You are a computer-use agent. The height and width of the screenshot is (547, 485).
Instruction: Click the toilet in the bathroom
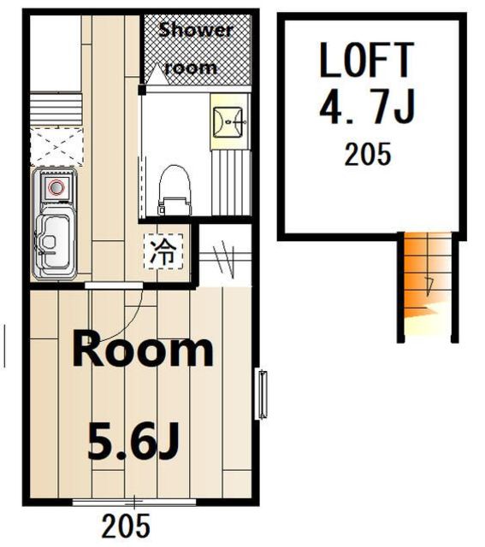174,190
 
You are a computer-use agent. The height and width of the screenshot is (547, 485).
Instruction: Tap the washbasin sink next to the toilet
228,122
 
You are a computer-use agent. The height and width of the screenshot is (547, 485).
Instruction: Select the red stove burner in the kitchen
56,187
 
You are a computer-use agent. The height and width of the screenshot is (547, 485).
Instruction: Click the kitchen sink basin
54,242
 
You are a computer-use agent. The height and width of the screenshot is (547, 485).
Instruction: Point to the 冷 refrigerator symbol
163,251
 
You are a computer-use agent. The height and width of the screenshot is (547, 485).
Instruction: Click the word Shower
196,31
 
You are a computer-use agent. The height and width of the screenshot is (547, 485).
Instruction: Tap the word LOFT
367,60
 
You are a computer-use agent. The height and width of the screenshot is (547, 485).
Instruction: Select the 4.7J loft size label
367,106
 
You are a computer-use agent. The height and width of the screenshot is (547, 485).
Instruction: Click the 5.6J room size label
133,440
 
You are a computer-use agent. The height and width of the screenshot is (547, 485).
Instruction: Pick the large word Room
143,349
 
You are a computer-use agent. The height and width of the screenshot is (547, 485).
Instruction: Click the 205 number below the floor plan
126,526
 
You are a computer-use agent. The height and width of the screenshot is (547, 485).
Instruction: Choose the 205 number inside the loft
368,154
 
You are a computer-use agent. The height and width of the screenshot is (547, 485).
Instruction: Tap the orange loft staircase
428,287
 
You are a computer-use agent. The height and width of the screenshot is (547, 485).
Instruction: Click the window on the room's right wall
263,394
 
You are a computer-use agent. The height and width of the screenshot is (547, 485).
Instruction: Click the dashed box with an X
57,147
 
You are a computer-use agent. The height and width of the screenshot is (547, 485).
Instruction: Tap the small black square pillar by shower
142,90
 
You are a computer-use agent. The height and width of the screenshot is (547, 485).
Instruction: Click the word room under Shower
191,68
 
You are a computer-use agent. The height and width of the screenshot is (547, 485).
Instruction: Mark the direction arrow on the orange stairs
429,287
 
